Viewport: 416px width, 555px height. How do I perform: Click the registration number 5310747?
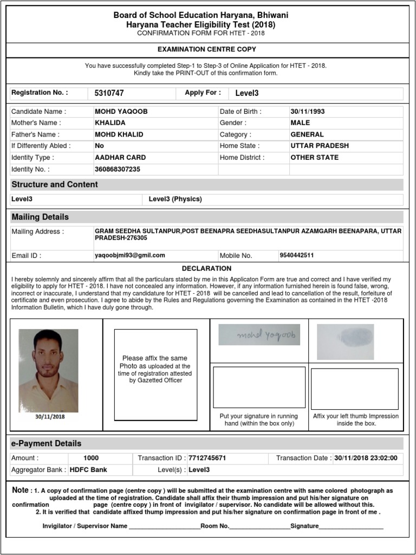pos(109,93)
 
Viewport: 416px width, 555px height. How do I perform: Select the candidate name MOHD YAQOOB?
pos(121,112)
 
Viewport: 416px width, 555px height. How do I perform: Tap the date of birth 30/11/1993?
pos(308,112)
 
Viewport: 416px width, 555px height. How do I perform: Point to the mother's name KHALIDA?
pos(109,123)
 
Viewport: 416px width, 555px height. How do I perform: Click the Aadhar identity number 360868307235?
pos(117,169)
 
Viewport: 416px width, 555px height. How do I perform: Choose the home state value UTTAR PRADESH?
pos(320,146)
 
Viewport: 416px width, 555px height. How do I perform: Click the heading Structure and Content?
pos(55,184)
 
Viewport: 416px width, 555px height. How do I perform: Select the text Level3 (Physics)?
pos(175,199)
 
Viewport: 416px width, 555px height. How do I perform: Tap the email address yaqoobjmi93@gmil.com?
pos(130,255)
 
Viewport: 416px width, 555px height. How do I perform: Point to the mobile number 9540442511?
pos(296,255)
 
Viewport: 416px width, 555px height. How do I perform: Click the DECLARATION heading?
pos(206,268)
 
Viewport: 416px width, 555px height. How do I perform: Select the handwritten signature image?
pos(259,335)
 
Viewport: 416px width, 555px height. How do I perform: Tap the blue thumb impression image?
pos(345,341)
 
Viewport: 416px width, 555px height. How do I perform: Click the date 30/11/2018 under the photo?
pos(50,417)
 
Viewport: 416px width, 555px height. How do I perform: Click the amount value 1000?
pos(91,458)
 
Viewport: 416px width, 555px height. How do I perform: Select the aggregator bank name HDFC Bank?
pos(88,470)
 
